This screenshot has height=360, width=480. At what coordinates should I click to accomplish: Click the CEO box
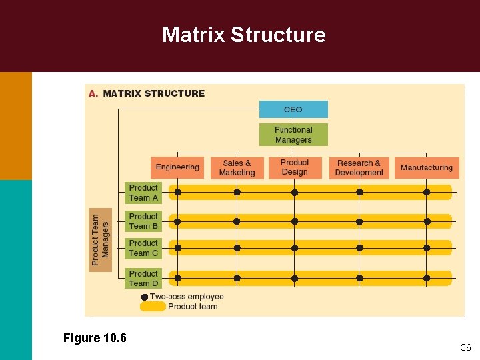[x=293, y=109]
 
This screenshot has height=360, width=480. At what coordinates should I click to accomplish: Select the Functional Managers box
[x=293, y=135]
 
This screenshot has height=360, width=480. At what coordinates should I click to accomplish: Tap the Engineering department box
[x=177, y=167]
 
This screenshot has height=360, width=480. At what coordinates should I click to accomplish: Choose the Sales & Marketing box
[x=237, y=168]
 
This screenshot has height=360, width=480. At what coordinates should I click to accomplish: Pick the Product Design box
[x=295, y=167]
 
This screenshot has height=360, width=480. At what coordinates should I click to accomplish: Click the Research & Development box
[x=359, y=168]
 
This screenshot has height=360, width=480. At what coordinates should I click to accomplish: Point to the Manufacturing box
[x=426, y=168]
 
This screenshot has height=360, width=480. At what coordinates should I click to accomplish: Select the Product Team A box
[x=143, y=193]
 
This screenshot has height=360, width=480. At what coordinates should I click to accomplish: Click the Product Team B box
[x=143, y=221]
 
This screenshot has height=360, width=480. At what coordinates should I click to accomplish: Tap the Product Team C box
[x=143, y=248]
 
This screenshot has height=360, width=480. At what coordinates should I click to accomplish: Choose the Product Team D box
[x=143, y=278]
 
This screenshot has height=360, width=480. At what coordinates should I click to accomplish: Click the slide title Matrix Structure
[x=243, y=35]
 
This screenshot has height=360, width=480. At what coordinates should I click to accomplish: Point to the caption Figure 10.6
[x=95, y=338]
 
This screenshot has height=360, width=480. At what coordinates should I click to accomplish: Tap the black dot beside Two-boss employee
[x=145, y=297]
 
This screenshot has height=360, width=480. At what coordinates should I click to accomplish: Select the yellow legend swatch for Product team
[x=153, y=307]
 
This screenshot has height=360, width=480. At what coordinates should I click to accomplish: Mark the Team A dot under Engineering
[x=177, y=193]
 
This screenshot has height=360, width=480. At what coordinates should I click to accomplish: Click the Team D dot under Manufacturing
[x=427, y=277]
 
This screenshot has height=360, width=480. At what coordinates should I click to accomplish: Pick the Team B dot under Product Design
[x=294, y=221]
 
